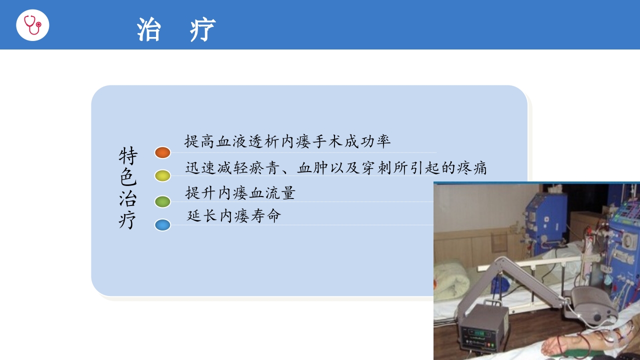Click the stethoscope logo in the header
pos(32,24)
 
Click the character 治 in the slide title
pos(148,29)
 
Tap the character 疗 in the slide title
pos(202,29)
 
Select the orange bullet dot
pos(162,152)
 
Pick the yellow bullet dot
pos(162,175)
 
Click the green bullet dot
pos(162,201)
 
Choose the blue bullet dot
pos(162,225)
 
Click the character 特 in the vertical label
pos(127,156)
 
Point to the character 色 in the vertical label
pos(127,177)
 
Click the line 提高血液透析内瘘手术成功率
pos(287,141)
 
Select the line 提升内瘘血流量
pos(240,192)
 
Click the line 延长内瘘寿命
pos(234,216)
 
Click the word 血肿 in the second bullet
pos(312,168)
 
